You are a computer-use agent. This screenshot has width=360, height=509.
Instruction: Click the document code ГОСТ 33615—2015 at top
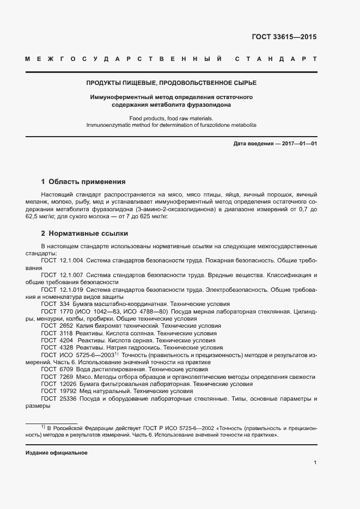click(x=284, y=38)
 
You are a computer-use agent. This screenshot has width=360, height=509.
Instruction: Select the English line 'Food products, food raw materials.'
click(x=171, y=118)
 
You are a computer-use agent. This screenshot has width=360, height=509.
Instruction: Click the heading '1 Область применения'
click(x=83, y=181)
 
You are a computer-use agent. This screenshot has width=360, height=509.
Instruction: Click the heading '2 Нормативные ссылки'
click(x=84, y=234)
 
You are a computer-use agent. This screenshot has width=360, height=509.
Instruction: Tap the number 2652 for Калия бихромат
click(x=66, y=326)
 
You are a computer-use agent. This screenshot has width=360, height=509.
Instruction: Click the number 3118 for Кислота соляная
click(x=66, y=333)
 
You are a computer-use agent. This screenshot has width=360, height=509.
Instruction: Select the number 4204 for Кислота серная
click(x=66, y=340)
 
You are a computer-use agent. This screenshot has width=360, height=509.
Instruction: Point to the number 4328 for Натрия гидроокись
click(x=66, y=347)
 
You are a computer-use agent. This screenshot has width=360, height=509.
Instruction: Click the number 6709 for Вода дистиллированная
click(x=66, y=369)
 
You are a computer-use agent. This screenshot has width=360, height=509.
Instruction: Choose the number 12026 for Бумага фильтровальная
click(x=68, y=384)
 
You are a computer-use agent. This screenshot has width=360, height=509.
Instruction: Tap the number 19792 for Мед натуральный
click(x=68, y=391)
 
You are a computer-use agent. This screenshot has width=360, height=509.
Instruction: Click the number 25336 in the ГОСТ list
click(x=68, y=398)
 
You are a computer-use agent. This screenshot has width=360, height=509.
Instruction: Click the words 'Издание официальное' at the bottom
click(x=57, y=453)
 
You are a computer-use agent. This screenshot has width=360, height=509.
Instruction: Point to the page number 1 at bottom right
click(x=315, y=463)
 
